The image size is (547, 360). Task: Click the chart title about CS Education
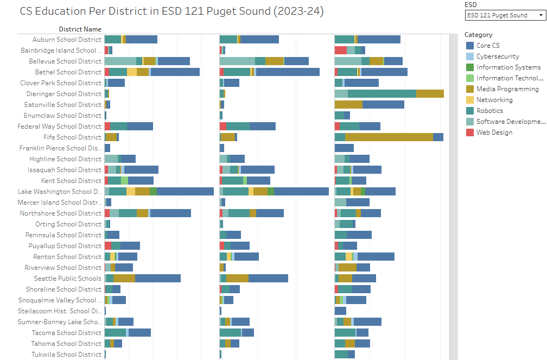[x=171, y=11]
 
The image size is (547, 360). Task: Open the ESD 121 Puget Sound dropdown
[x=505, y=15]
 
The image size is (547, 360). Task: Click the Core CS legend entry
[x=488, y=46]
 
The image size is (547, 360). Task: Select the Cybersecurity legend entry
[x=498, y=56]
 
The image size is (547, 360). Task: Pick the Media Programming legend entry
[x=507, y=89]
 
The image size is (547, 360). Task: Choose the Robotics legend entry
[x=489, y=111]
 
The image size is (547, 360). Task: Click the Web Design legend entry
[x=494, y=132]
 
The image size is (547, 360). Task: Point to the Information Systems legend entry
[x=508, y=67]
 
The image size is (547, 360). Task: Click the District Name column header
[x=80, y=29]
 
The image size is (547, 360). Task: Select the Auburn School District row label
[x=67, y=40]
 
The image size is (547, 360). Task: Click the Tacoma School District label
[x=67, y=333]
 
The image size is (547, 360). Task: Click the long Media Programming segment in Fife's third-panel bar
[x=389, y=137]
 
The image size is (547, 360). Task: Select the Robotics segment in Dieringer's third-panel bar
[x=381, y=94]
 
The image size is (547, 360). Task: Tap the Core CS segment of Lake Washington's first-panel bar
[x=185, y=192]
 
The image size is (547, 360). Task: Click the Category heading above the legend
[x=479, y=35]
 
